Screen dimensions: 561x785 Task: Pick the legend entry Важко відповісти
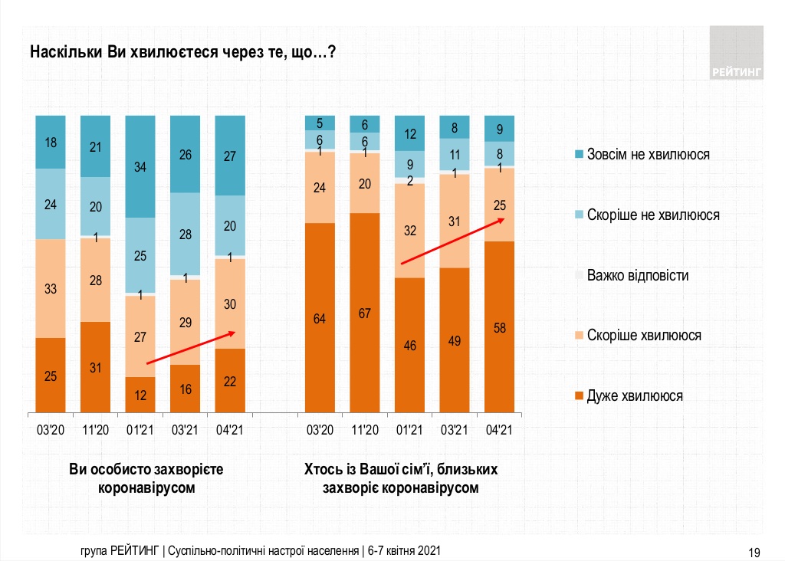coord(636,275)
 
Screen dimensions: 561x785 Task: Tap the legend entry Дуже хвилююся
coord(634,396)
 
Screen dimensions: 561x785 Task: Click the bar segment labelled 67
coord(365,313)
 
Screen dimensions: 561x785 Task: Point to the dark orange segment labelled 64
coord(320,318)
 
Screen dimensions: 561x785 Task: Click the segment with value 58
coord(499,327)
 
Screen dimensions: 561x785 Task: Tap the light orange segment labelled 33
coord(51,288)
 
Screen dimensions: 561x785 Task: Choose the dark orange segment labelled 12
coord(140,395)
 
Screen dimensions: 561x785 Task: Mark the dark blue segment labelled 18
coord(51,142)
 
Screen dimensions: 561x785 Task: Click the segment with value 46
coord(409,345)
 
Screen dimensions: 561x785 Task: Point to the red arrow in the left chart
coord(191,347)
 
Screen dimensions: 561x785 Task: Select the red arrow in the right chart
coord(452,241)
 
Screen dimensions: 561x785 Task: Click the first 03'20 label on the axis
coord(51,429)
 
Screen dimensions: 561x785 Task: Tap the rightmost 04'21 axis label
coord(499,429)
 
